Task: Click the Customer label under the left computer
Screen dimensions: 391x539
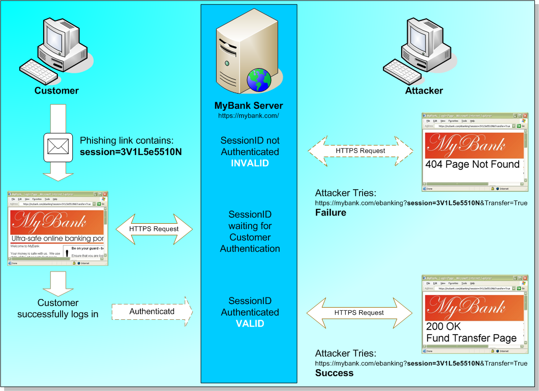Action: click(56, 91)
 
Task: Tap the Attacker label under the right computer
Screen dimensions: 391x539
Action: click(424, 91)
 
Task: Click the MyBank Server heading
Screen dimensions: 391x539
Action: click(249, 106)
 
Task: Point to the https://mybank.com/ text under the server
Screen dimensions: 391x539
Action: click(249, 116)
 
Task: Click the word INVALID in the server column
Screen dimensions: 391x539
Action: click(249, 163)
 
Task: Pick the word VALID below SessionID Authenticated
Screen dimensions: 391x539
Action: click(250, 323)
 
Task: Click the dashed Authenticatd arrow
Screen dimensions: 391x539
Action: click(152, 311)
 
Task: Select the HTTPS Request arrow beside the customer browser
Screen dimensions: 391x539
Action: click(154, 229)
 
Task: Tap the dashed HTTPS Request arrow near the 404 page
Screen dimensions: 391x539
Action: click(360, 151)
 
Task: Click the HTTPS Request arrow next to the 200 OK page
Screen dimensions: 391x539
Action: click(359, 313)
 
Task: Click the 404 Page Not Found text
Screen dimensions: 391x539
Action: click(472, 165)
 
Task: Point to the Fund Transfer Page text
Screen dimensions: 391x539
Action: click(471, 338)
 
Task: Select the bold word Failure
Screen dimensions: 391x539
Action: click(331, 213)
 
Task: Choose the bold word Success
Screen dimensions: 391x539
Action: click(334, 373)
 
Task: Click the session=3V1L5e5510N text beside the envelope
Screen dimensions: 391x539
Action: click(131, 152)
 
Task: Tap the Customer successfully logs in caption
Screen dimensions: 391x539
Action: click(58, 309)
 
